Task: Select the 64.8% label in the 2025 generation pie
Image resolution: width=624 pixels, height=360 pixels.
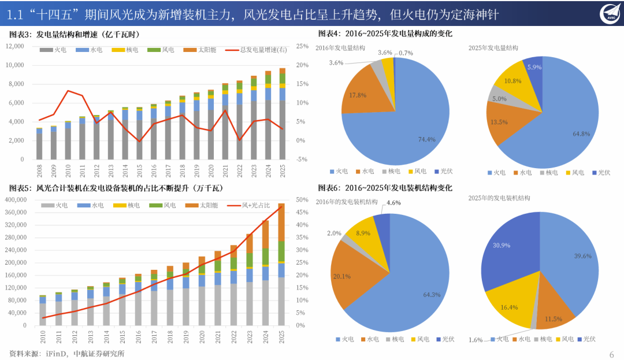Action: point(580,135)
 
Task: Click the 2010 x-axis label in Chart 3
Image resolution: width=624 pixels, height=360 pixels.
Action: point(68,170)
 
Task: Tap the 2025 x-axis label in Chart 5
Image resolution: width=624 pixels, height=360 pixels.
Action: point(281,337)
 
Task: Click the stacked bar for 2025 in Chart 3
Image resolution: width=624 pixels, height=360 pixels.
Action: point(282,113)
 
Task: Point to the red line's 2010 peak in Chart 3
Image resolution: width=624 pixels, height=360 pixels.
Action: point(68,91)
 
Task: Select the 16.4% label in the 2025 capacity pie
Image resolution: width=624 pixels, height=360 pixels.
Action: point(509,307)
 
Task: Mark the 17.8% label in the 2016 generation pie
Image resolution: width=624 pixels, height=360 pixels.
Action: point(354,95)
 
